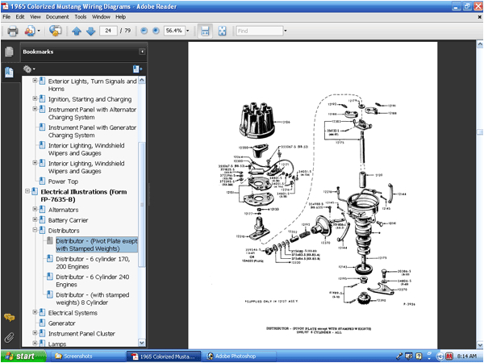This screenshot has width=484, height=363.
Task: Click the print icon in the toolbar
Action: pyautogui.click(x=12, y=31)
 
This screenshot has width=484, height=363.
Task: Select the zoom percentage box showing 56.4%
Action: pyautogui.click(x=173, y=31)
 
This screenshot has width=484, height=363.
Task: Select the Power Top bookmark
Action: pyautogui.click(x=63, y=181)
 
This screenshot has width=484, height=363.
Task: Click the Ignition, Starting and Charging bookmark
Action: pyautogui.click(x=90, y=99)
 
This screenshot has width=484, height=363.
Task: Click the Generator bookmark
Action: pyautogui.click(x=61, y=323)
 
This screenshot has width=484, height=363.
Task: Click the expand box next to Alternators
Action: pyautogui.click(x=35, y=209)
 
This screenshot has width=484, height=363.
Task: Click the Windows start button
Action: pyautogui.click(x=22, y=356)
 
